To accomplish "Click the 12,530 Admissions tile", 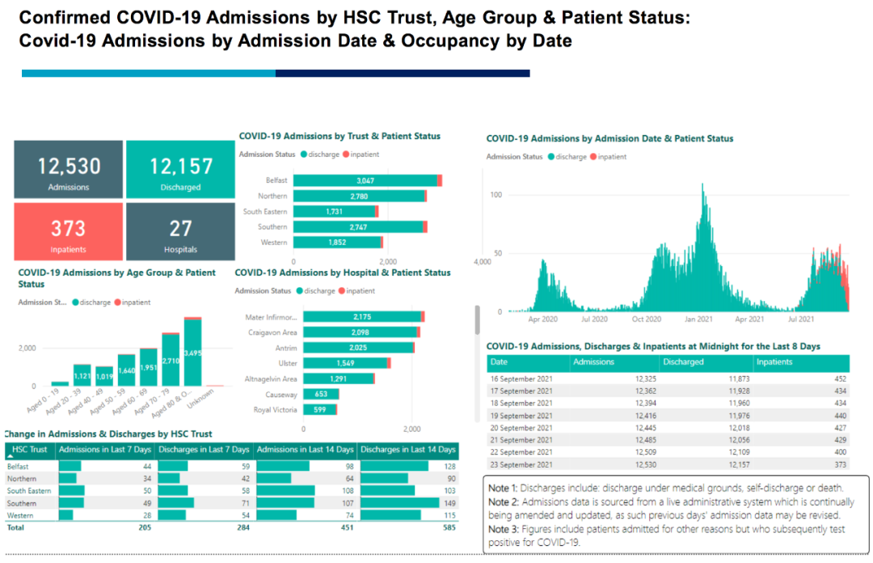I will click(69, 170).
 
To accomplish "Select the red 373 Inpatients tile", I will click(69, 231).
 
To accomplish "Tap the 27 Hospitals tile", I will click(180, 231).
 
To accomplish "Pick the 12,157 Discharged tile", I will click(180, 170).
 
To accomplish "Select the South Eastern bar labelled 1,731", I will click(335, 211).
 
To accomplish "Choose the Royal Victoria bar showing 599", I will click(319, 409).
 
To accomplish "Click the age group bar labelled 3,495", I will click(192, 353).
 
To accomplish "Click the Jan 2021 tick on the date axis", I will click(699, 319).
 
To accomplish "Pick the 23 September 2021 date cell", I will click(521, 465).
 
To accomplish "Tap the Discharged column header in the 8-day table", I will click(683, 362).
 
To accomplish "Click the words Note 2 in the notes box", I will click(503, 502).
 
